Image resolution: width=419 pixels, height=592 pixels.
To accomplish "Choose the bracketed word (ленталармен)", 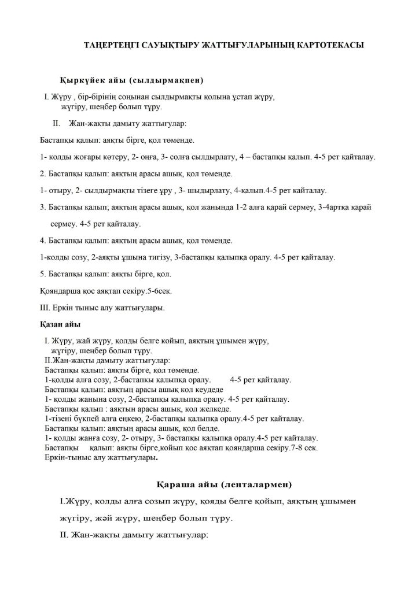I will pyautogui.click(x=262, y=483).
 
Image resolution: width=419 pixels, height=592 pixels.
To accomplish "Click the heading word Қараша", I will pyautogui.click(x=176, y=483).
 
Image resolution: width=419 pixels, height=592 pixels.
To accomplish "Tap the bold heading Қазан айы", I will pyautogui.click(x=60, y=324).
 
